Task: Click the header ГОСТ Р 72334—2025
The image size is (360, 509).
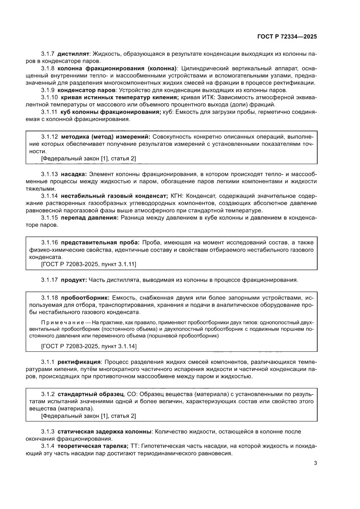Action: (x=286, y=37)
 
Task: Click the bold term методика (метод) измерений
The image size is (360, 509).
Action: (x=105, y=137)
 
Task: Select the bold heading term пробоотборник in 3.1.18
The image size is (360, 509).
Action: (x=85, y=297)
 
